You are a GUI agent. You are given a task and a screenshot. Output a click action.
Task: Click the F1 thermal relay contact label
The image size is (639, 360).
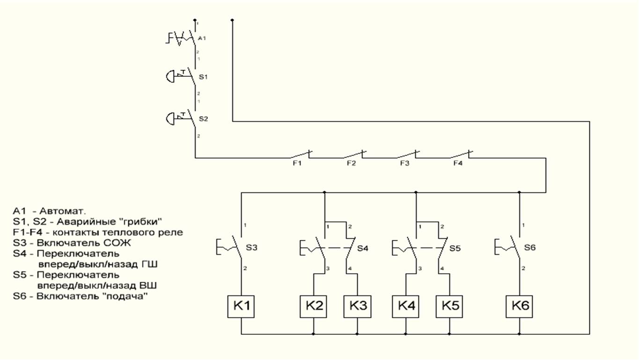click(x=298, y=163)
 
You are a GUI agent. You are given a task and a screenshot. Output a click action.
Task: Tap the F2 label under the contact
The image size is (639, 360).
click(x=351, y=163)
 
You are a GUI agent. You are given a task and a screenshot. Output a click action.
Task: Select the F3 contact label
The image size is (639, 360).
click(x=404, y=163)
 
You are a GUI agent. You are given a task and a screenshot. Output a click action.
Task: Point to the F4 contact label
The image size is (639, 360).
click(x=458, y=163)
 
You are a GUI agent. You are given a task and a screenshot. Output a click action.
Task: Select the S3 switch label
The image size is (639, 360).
click(x=252, y=248)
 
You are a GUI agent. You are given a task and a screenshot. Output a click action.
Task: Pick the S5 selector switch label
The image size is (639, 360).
click(x=455, y=248)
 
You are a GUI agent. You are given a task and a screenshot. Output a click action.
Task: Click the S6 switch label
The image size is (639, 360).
click(x=529, y=248)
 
